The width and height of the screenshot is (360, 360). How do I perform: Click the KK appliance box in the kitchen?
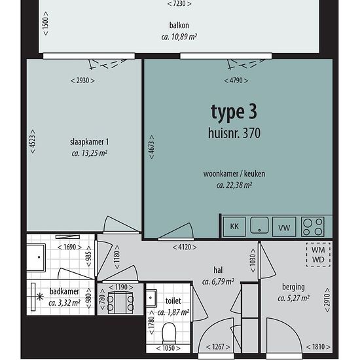234,226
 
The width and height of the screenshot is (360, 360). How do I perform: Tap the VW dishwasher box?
284,226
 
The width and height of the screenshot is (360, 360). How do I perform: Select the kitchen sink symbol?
259,225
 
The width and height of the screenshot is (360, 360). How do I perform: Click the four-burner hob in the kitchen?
312,226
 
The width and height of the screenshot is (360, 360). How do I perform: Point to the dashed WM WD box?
318,255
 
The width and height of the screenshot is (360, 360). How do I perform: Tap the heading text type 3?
234,113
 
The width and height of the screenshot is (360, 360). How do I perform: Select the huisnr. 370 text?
234,133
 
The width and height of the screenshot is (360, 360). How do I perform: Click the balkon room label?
179,26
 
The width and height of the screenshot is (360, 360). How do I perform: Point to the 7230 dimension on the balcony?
179,4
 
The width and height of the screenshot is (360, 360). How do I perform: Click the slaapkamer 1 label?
89,142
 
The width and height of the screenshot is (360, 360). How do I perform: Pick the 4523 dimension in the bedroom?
33,141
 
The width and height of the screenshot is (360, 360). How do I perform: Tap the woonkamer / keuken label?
234,174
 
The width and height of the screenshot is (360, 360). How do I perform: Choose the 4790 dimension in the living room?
236,81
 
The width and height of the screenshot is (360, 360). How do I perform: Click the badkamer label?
64,291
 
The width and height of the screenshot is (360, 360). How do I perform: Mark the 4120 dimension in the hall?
185,247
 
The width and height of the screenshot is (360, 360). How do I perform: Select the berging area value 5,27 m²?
293,298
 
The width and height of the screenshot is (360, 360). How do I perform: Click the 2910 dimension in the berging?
327,300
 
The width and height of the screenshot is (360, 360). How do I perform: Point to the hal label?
218,270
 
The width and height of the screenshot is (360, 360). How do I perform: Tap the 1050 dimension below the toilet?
168,348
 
